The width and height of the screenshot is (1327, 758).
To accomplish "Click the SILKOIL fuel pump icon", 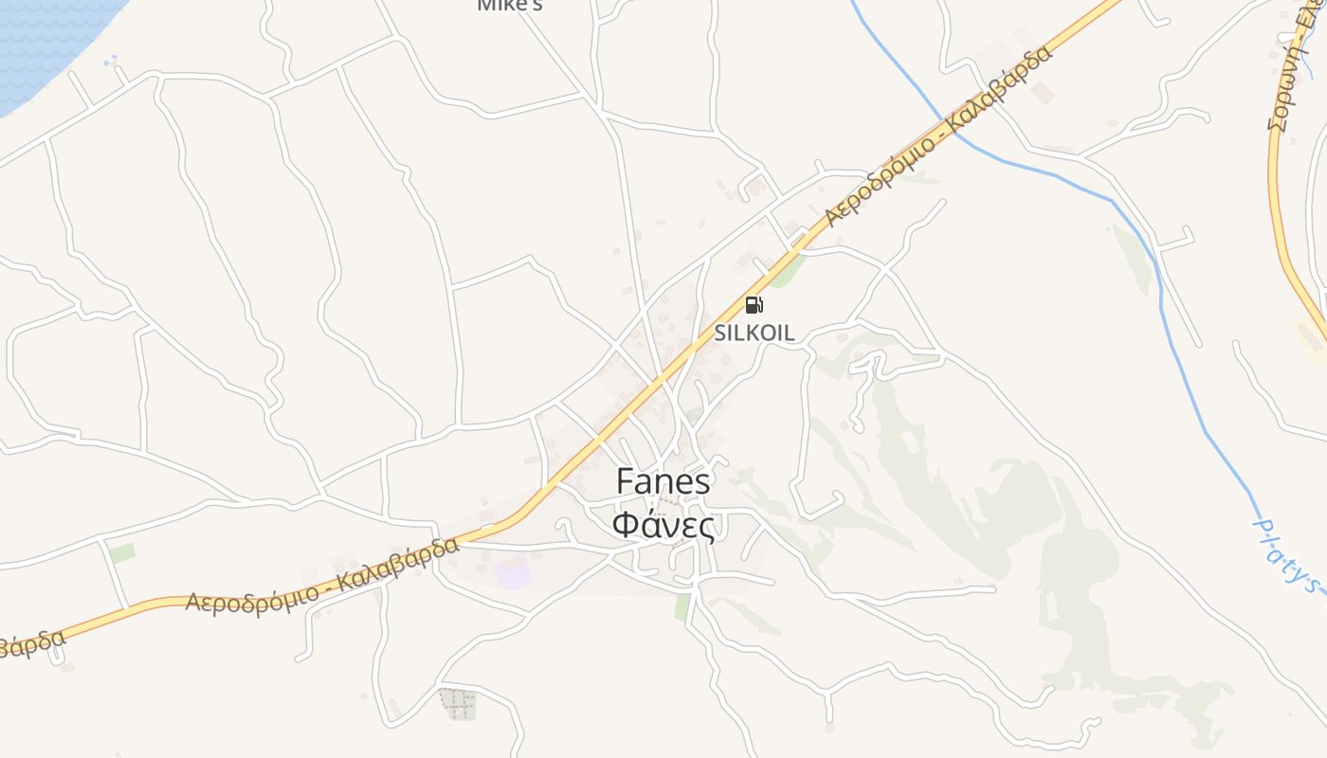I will [x=754, y=305].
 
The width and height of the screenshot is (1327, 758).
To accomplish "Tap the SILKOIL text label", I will [x=754, y=334].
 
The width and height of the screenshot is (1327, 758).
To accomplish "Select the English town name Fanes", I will [x=663, y=481].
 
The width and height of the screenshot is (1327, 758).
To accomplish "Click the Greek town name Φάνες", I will [x=663, y=525].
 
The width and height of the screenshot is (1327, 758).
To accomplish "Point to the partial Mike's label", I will [x=510, y=6].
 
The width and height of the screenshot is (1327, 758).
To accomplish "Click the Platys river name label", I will [x=1288, y=553].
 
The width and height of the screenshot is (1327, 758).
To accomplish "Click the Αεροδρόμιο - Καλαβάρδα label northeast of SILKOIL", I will [x=938, y=134].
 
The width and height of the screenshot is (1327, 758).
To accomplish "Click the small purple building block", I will [x=513, y=572].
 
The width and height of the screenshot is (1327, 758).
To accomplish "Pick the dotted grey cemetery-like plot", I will [x=459, y=704].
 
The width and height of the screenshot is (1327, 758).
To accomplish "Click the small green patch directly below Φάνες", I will [x=682, y=607].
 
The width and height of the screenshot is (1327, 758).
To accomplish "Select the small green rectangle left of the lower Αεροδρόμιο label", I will [x=122, y=552].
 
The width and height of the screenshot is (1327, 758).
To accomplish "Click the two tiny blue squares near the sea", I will [x=111, y=63].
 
